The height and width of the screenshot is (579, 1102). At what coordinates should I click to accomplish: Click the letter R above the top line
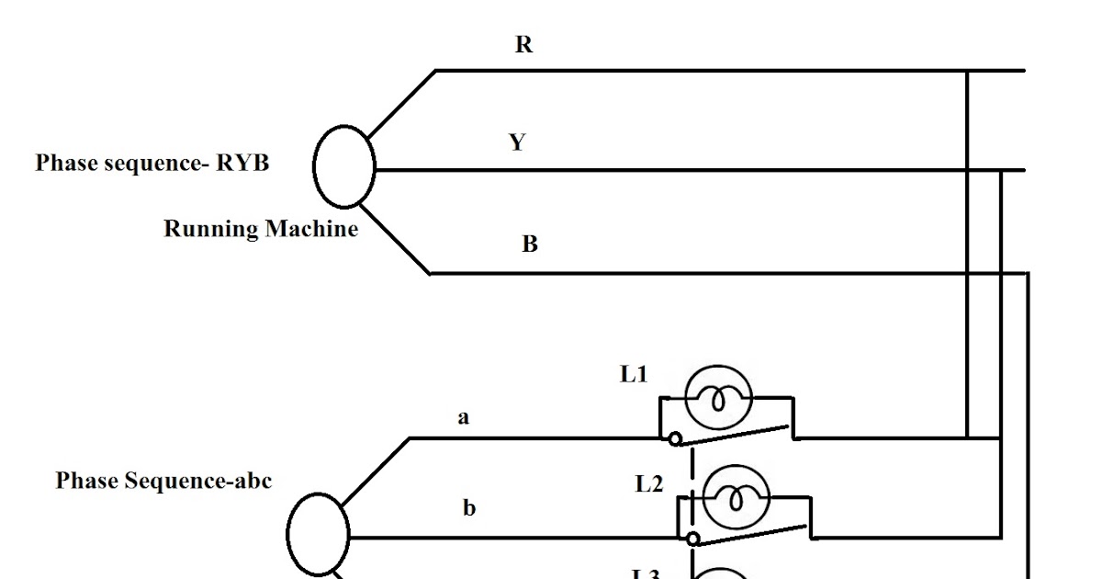(523, 45)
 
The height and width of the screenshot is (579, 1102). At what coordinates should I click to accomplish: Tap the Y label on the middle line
(518, 142)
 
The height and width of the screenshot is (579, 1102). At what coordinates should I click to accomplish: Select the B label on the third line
(530, 245)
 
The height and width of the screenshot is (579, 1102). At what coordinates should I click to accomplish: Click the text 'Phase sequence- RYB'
(152, 164)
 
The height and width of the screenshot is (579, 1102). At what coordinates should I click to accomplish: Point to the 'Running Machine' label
(261, 229)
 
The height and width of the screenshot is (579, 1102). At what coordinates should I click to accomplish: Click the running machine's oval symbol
(344, 165)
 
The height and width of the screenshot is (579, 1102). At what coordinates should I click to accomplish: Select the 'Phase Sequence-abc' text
(163, 481)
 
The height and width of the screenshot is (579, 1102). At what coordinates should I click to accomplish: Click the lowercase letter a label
(464, 418)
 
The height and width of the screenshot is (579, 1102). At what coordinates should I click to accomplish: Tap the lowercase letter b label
(469, 508)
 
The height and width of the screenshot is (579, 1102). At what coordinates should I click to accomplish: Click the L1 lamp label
(634, 375)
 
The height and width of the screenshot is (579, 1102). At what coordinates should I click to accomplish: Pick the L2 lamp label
(649, 484)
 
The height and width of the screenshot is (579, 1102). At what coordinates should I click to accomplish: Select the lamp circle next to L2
(736, 499)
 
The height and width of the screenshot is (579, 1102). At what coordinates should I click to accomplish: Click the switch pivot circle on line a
(675, 439)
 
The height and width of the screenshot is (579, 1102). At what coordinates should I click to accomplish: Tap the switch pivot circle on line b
(693, 539)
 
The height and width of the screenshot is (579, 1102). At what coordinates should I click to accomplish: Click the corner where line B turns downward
(1028, 274)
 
